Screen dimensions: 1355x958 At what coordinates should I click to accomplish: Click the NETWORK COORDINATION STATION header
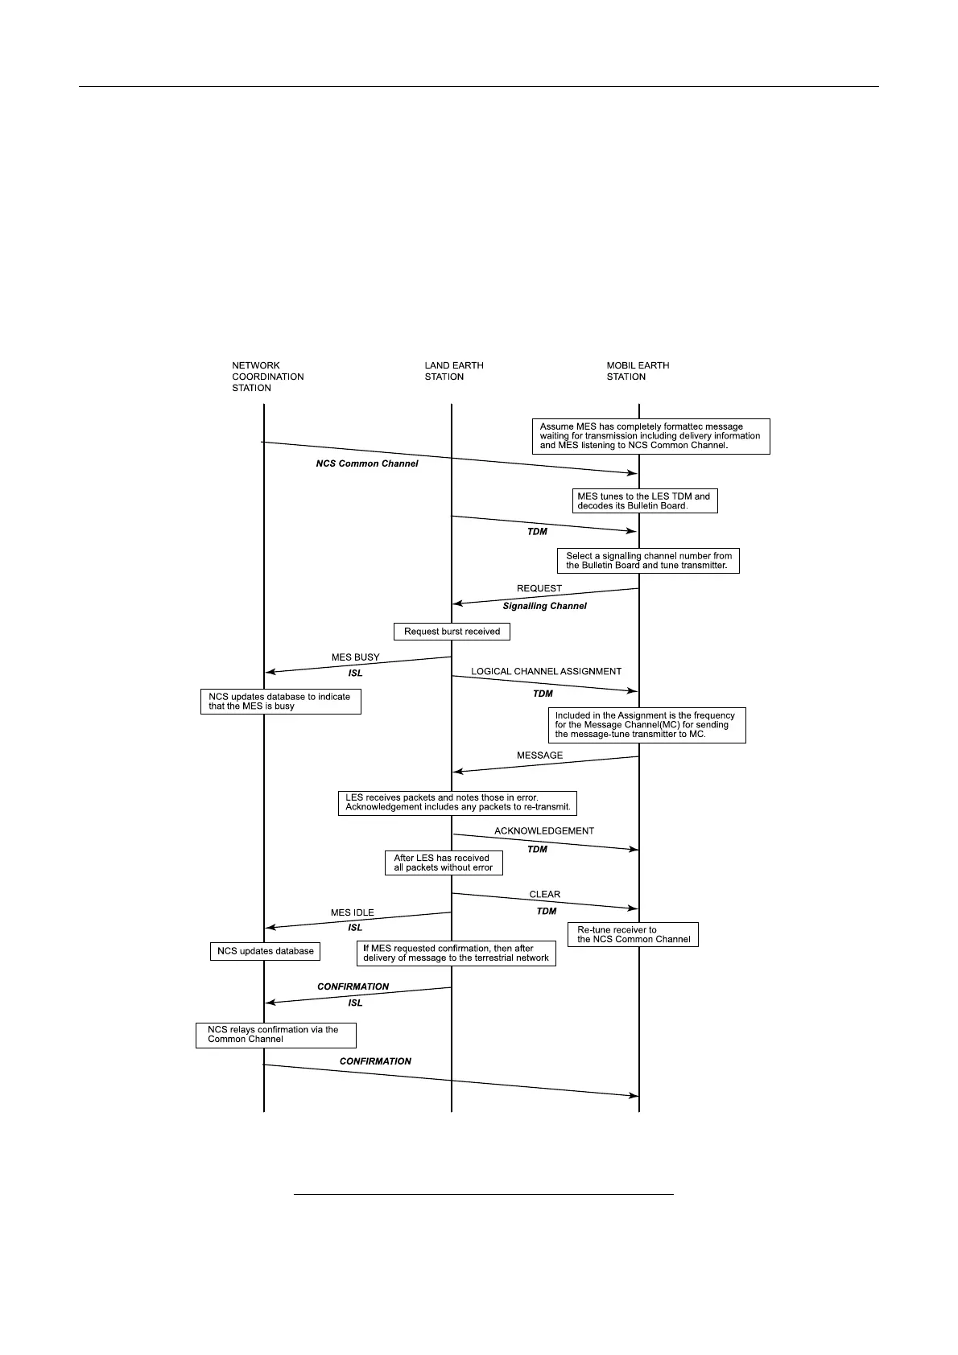(267, 377)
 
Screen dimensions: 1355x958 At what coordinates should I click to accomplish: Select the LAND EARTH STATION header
(454, 371)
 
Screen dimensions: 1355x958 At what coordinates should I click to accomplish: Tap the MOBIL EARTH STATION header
(638, 371)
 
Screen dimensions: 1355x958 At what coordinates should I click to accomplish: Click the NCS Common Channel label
(366, 463)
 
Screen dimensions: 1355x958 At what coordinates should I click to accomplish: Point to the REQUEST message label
(539, 588)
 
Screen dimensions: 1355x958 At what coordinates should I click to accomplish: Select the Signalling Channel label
(544, 606)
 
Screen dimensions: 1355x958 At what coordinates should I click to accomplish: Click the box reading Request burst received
(452, 632)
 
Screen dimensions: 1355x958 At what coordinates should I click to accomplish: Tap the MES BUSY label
(355, 657)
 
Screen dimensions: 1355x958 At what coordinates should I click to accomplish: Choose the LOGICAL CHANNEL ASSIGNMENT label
(546, 671)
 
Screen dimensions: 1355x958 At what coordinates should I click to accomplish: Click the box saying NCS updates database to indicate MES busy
(280, 702)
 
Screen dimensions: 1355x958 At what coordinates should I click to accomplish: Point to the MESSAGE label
(539, 756)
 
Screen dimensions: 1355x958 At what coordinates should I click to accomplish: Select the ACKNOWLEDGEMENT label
(544, 831)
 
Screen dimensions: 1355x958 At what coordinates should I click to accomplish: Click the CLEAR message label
(544, 895)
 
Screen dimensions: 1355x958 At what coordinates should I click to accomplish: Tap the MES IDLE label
(352, 913)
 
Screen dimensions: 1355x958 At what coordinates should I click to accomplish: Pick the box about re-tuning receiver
(633, 935)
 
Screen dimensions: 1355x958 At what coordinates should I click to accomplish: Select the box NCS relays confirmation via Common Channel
(275, 1035)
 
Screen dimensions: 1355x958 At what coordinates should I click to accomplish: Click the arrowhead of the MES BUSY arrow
(270, 672)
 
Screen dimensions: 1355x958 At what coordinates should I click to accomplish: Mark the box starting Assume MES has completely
(650, 436)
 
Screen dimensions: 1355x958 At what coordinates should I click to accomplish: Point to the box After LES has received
(443, 863)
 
